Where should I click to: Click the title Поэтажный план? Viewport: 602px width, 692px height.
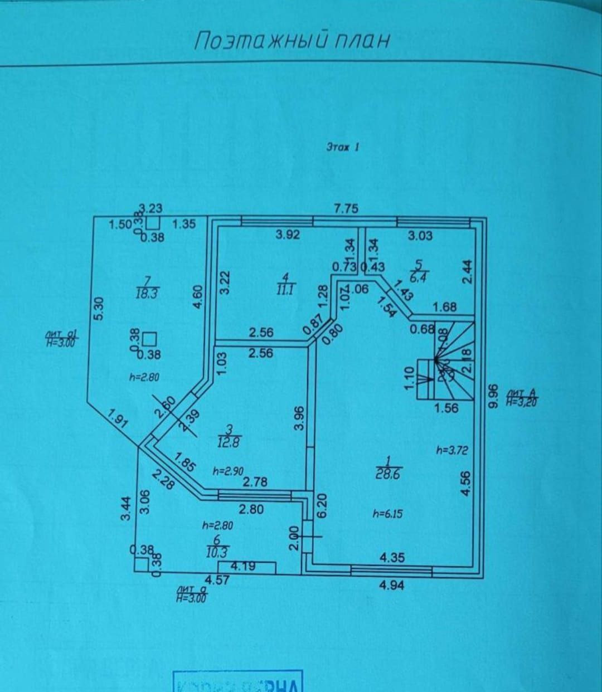tap(292, 41)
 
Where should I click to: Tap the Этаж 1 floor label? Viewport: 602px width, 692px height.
tap(342, 147)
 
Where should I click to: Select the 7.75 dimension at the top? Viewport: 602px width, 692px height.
tap(346, 209)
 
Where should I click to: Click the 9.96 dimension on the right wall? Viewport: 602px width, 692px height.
tap(492, 396)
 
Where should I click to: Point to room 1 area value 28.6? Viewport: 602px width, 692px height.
tap(389, 474)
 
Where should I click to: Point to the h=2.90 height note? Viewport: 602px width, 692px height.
tap(228, 471)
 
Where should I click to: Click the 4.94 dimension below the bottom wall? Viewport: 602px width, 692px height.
tap(391, 585)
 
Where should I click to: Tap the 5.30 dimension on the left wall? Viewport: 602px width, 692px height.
tap(99, 308)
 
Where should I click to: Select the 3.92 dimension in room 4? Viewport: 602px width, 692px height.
tap(288, 235)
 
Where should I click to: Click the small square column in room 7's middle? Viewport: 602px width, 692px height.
tap(149, 339)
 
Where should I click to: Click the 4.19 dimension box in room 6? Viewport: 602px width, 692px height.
tap(244, 567)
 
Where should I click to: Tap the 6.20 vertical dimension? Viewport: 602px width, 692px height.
tap(322, 505)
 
